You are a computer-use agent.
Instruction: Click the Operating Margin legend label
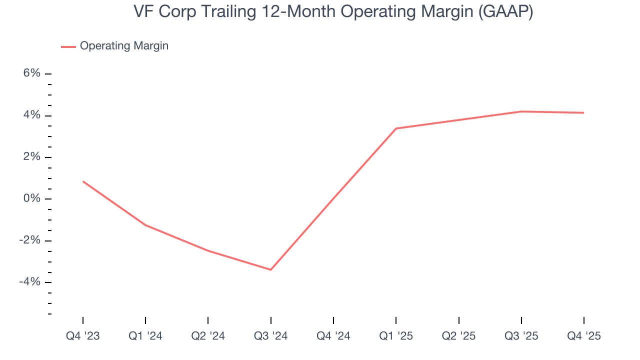pos(124,46)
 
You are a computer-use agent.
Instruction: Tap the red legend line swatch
pos(68,46)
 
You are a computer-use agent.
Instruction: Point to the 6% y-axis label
pos(31,73)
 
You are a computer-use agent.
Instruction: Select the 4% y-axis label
pos(31,115)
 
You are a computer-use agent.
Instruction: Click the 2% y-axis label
pos(31,157)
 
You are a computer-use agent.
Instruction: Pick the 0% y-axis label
pos(31,199)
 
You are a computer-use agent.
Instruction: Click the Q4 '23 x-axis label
pos(83,336)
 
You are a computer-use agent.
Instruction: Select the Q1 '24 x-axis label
pos(145,336)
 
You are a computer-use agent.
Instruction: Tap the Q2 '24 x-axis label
pos(208,336)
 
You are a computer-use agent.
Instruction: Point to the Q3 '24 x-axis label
pos(270,336)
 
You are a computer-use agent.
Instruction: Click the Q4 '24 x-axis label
pos(333,336)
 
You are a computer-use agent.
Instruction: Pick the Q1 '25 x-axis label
pos(396,336)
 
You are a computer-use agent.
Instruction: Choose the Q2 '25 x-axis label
pos(458,336)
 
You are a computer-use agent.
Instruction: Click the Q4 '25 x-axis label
pos(584,336)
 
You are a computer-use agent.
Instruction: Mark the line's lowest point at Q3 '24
pos(270,269)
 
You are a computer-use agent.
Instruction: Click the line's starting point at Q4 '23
pos(83,181)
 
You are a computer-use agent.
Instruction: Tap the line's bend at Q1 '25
pos(396,128)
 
